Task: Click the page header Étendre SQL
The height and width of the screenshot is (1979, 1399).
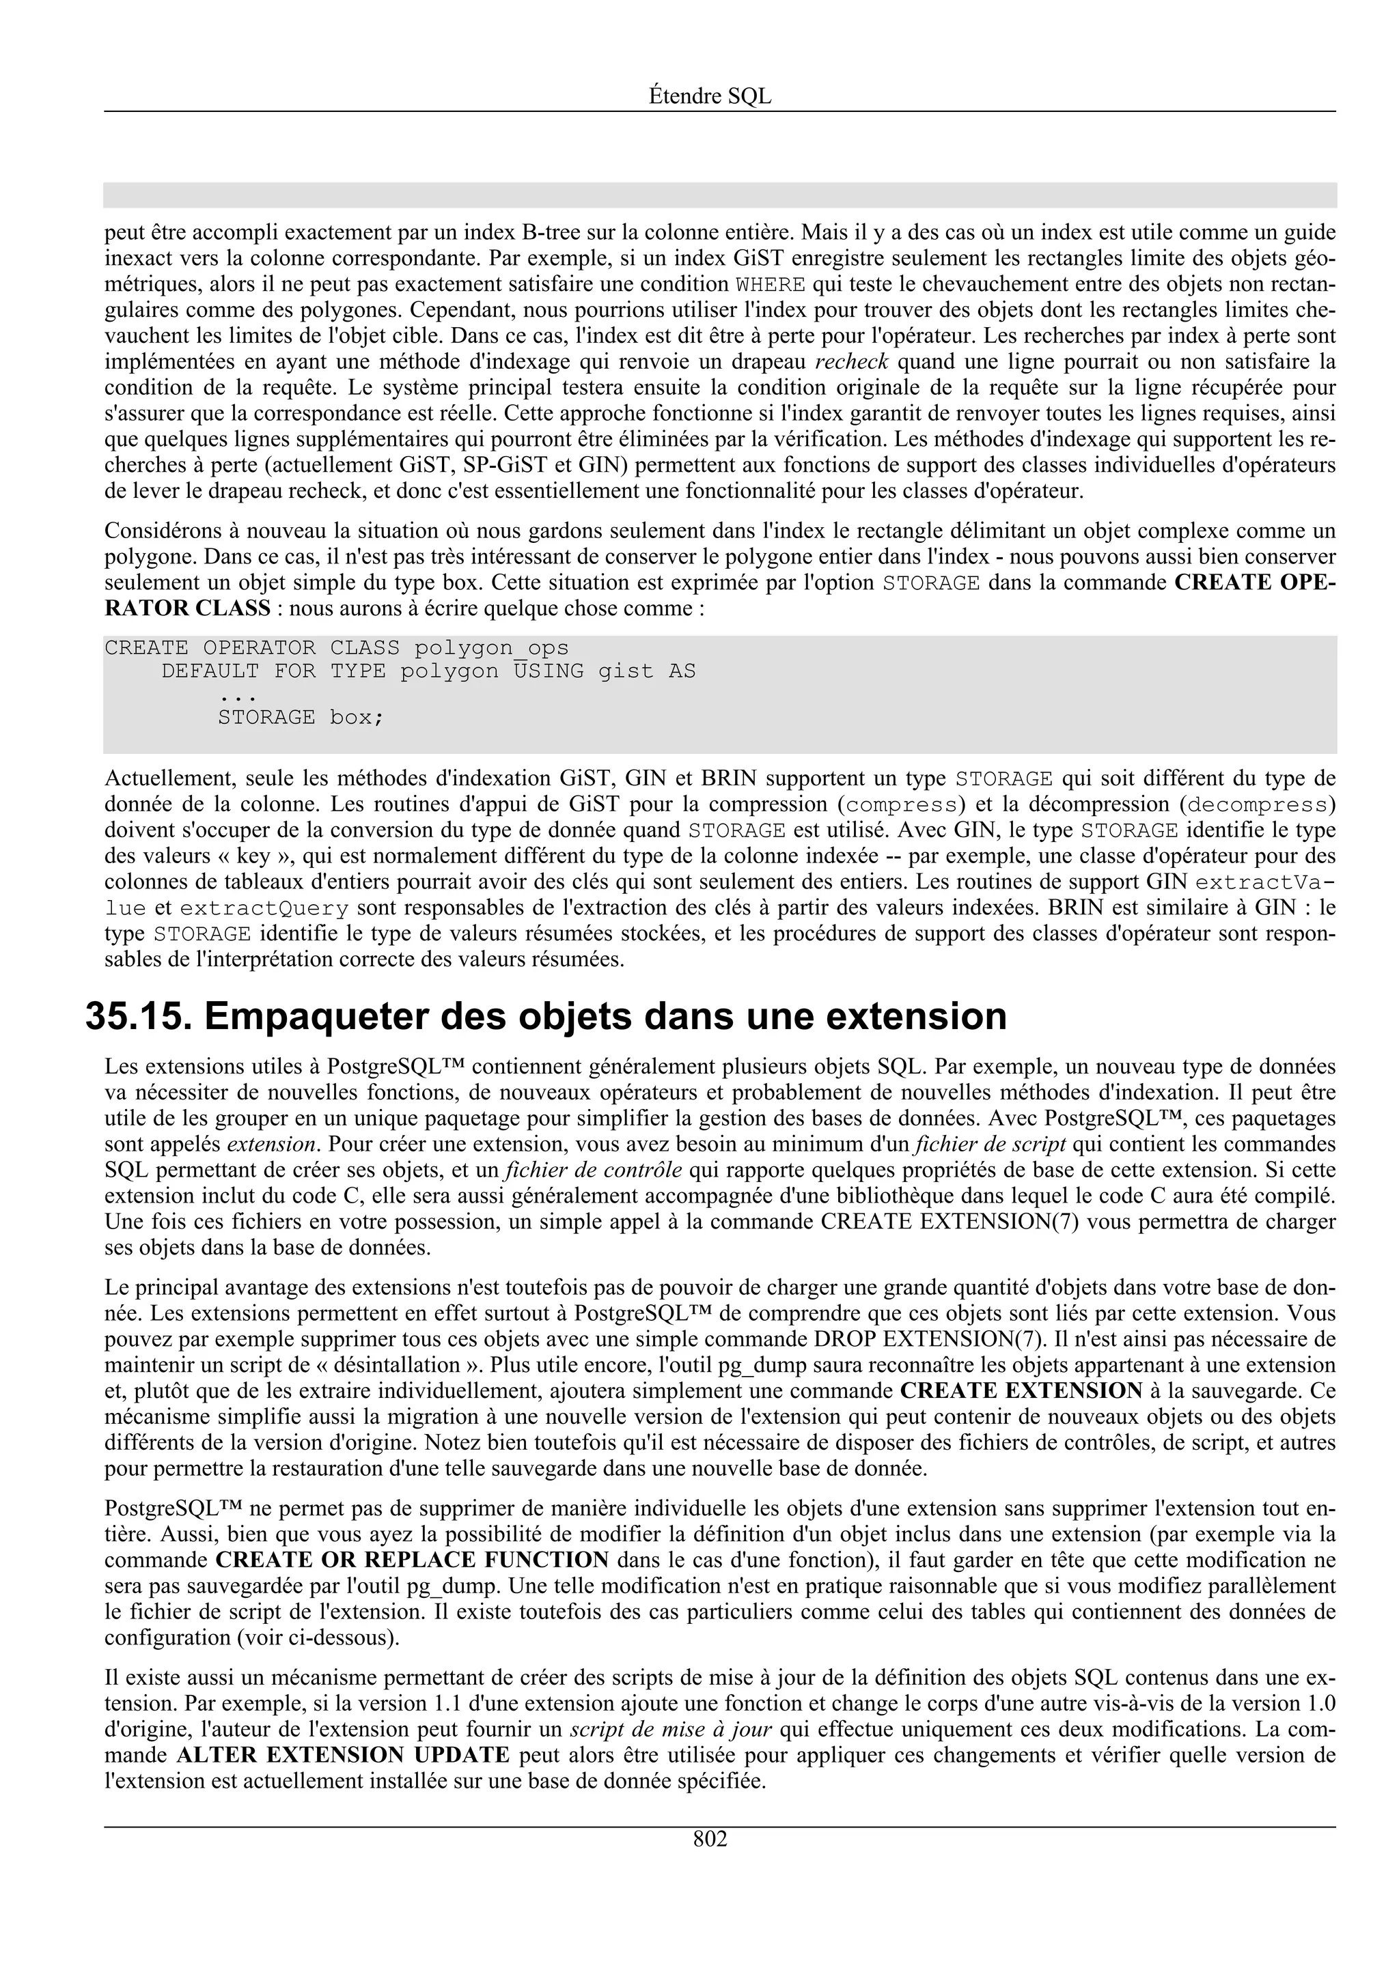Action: (x=710, y=96)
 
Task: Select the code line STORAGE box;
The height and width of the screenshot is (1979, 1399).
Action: (x=300, y=717)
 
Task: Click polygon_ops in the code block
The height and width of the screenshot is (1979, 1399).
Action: (x=491, y=647)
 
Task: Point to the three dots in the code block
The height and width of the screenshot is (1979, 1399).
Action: (x=238, y=694)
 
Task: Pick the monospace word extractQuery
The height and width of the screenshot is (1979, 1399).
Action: (x=264, y=908)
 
